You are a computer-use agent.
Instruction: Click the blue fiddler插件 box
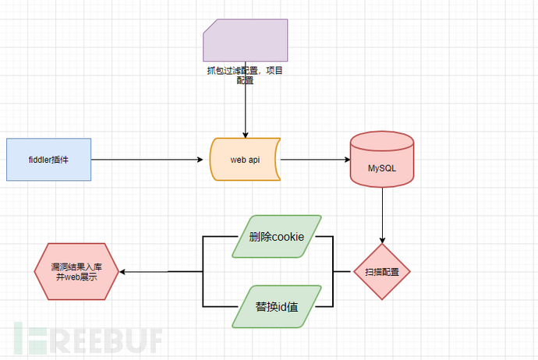49,160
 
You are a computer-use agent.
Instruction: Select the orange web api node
246,160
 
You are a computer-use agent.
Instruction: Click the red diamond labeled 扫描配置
382,272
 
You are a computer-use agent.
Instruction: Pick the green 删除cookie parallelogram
276,236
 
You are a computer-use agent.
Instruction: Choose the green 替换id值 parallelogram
276,306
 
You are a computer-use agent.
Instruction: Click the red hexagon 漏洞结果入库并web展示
76,271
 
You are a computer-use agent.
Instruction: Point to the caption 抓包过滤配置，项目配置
246,75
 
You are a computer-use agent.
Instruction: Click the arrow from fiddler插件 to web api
148,160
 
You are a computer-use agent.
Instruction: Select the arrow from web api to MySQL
316,160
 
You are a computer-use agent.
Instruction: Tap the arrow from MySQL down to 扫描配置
382,214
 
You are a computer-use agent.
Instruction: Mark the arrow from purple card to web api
246,109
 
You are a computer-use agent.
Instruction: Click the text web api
246,160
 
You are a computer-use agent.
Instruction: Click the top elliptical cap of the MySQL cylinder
382,141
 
